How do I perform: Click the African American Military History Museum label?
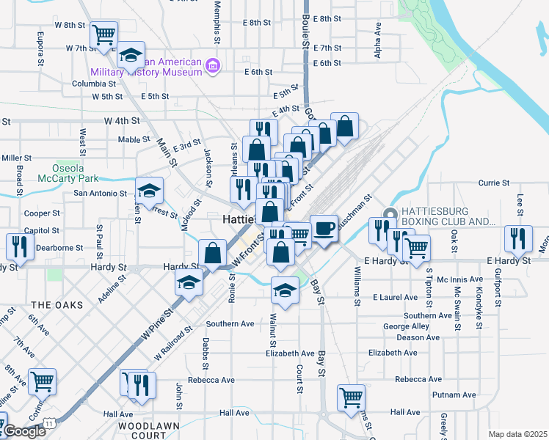click(145, 67)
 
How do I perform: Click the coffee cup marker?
click(324, 227)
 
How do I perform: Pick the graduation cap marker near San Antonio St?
click(149, 191)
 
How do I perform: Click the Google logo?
click(23, 431)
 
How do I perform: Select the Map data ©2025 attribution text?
click(517, 434)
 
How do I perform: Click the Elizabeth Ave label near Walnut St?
click(289, 353)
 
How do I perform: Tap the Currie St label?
click(489, 183)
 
